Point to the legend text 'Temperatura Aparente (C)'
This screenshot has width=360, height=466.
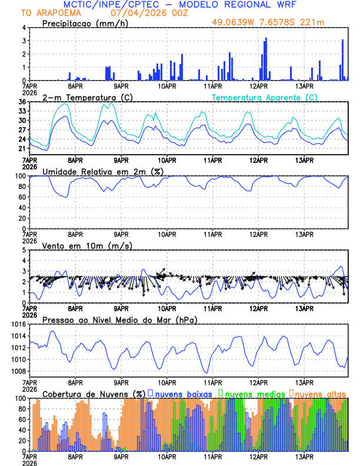point(264,97)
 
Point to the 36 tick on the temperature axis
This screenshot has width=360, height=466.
point(21,102)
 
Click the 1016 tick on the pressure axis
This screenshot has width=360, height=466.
point(18,324)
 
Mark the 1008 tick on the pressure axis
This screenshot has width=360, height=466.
point(18,371)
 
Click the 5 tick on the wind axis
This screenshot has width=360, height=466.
point(24,250)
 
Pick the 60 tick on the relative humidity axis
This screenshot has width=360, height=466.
point(21,197)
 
